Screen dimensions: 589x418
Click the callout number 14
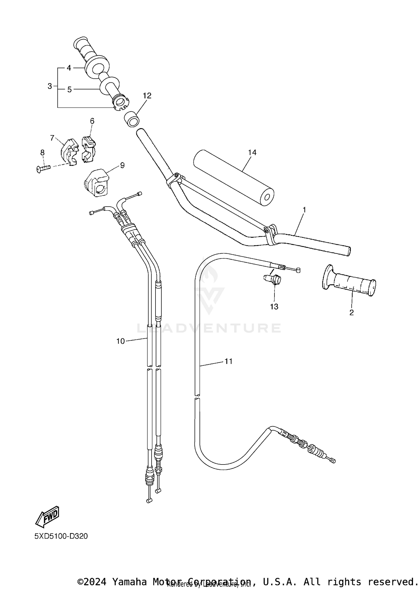pos(252,152)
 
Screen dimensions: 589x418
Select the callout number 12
pos(147,96)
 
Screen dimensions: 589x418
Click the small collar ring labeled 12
pos(132,119)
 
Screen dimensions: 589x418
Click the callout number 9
pos(122,165)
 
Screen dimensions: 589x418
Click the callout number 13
pos(274,307)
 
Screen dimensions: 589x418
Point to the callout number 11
pos(228,361)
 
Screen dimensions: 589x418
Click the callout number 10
pos(120,341)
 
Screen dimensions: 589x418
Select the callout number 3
pos(50,86)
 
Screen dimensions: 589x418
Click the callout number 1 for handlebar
pos(304,210)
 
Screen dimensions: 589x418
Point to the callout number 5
pos(69,90)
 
